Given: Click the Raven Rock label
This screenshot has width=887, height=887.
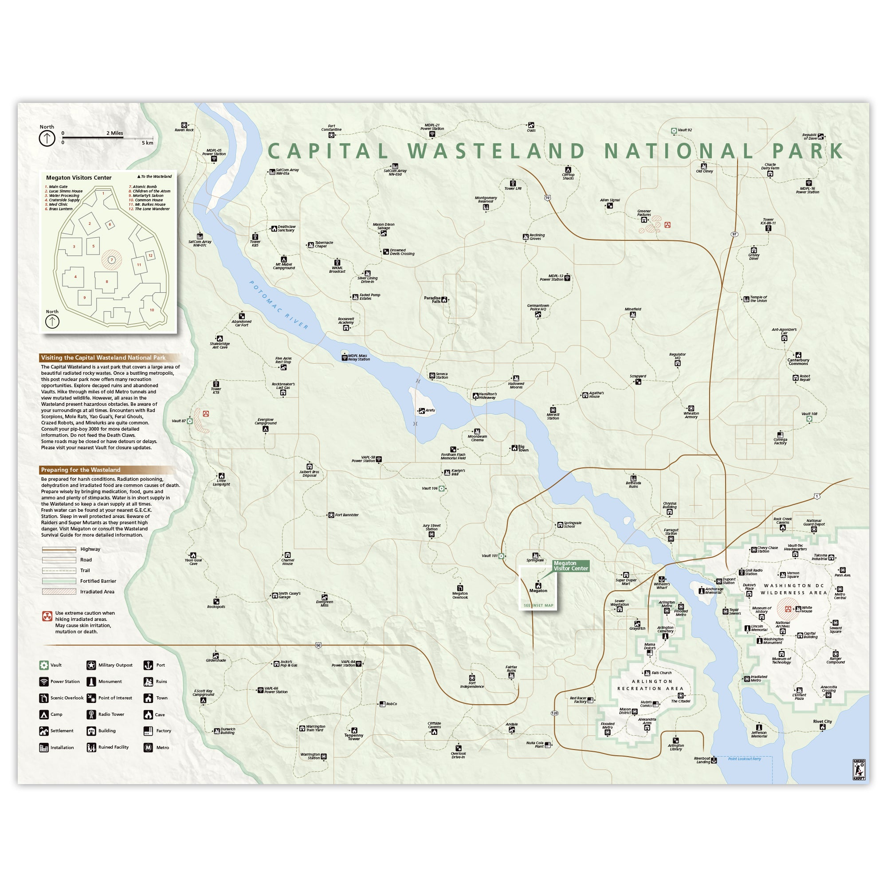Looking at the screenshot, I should point(184,130).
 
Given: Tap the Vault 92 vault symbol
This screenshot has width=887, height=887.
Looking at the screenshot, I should point(674,131).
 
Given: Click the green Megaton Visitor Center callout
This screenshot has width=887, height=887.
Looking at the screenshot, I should point(570,566).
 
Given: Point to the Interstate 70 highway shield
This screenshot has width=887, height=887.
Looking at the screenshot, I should point(547,198).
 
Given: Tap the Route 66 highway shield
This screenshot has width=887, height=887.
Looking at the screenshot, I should point(318,645).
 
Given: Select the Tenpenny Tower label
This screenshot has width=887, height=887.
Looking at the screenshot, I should point(353,737).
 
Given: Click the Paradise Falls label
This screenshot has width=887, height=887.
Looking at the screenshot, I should point(432,300).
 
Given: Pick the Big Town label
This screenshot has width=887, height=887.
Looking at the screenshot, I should point(523,448).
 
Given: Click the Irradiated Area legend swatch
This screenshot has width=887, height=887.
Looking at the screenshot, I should point(59,592).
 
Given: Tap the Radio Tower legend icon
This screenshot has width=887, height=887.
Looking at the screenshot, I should point(91,714).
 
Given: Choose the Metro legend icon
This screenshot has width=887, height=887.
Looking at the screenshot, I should point(148,747).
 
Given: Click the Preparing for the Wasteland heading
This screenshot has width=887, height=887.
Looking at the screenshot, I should point(81,470).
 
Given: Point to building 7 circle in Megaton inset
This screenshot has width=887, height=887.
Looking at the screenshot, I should point(112,260).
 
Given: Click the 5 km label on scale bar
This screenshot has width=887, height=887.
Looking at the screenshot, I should point(147,143).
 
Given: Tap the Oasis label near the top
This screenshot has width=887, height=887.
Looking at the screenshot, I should point(531,130).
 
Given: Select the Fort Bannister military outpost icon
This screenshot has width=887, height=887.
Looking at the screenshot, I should point(331,515).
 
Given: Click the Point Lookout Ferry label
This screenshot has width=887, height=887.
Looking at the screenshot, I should point(744,759).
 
